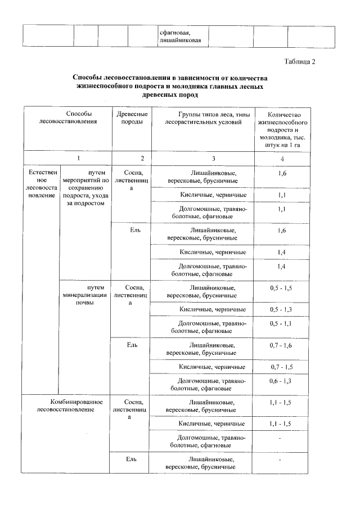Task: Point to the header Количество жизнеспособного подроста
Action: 281,129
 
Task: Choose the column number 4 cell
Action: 281,159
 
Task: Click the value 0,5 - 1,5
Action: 281,288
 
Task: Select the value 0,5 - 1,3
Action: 281,309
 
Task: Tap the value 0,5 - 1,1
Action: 281,323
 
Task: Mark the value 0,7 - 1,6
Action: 281,344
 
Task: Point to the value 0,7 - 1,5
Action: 281,367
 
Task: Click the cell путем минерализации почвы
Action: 85,295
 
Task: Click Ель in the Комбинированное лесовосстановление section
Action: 130,460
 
